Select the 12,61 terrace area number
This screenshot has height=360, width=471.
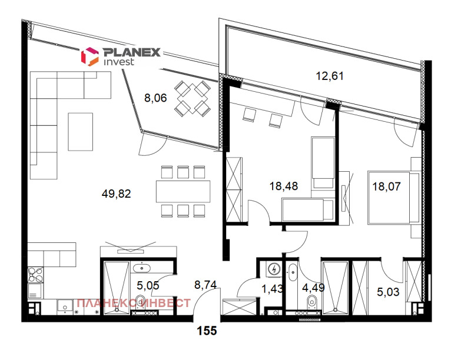click(x=330, y=75)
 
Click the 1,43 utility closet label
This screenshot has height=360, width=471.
click(x=271, y=288)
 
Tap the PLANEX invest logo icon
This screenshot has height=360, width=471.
click(x=89, y=56)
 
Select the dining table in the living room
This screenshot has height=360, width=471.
click(x=183, y=190)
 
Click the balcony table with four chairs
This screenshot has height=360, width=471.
click(x=193, y=98)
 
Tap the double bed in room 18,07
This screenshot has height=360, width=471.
click(x=393, y=197)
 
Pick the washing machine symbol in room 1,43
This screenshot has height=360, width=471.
click(x=273, y=269)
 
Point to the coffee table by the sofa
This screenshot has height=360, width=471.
click(x=81, y=131)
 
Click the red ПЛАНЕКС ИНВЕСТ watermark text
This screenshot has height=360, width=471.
click(x=134, y=303)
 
